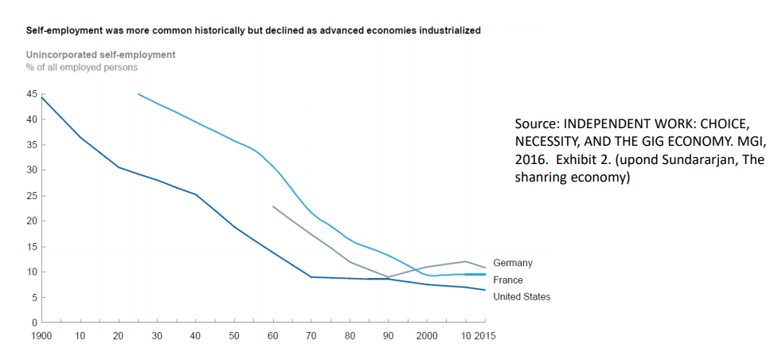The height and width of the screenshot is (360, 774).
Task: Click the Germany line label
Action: tap(513, 262)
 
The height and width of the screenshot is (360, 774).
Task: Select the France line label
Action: tap(509, 280)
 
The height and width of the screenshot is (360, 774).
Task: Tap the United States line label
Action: tap(522, 297)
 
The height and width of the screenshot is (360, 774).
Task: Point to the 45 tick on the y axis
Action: tap(33, 94)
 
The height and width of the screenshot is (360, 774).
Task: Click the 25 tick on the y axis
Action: tap(33, 195)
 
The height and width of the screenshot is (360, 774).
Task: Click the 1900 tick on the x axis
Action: tap(41, 335)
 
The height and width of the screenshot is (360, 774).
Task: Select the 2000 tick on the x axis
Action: tap(428, 335)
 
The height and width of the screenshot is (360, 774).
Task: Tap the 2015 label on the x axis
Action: tap(485, 335)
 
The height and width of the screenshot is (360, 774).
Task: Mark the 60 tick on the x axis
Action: tap(273, 335)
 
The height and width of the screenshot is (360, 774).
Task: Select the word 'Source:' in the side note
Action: tap(537, 124)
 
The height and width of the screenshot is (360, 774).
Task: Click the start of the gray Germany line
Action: tap(272, 206)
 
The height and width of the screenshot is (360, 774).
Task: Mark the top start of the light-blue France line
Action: tap(139, 94)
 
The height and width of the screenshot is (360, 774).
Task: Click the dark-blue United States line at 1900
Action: tap(41, 97)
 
